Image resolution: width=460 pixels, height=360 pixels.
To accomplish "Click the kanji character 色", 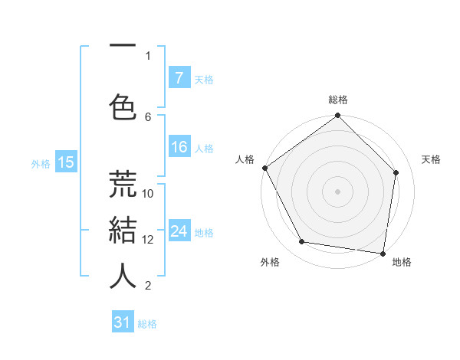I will (123, 104).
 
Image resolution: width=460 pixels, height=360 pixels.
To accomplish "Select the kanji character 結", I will (123, 229).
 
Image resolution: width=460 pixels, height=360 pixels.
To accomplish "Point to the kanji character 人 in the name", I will (123, 276).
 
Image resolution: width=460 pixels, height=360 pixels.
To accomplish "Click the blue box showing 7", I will (179, 78).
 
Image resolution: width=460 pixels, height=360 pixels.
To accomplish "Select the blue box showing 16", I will (179, 147).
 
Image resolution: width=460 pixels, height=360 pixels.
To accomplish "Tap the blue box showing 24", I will (179, 231).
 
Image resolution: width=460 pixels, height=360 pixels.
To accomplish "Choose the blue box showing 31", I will (123, 322).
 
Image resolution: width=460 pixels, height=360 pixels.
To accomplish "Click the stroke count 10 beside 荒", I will (148, 194).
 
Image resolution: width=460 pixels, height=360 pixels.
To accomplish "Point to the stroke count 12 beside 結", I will (148, 240).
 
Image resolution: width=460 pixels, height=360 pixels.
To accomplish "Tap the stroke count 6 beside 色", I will (148, 116).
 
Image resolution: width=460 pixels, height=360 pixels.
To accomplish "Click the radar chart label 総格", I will (338, 100).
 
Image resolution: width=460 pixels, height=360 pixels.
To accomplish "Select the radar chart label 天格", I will (431, 159).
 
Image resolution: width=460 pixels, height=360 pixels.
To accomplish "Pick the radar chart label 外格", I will (270, 262).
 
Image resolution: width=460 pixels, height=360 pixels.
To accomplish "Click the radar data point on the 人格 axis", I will (264, 168).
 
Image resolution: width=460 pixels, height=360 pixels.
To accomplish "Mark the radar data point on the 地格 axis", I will (383, 252).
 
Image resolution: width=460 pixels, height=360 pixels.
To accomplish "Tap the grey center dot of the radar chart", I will (338, 191).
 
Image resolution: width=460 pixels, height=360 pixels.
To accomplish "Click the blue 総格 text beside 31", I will (147, 324).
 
